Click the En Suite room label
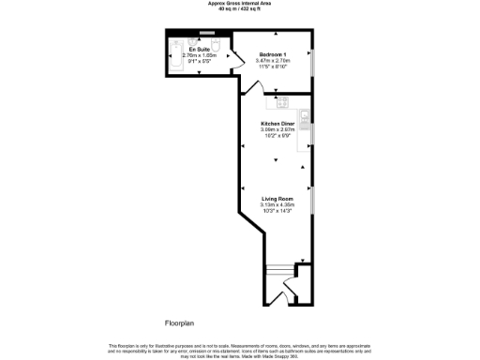coord(198,49)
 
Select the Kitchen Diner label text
coord(277,123)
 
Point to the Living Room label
coord(277,199)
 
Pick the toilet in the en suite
coord(216,45)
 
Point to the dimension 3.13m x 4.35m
coord(277,204)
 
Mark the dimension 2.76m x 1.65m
coord(198,54)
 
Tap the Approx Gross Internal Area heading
coord(240,4)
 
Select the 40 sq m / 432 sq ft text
coord(240,9)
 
